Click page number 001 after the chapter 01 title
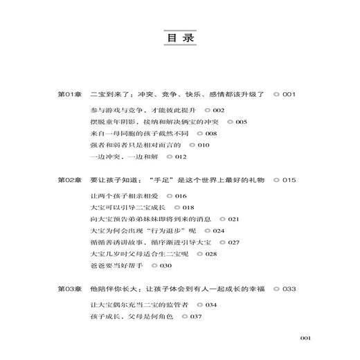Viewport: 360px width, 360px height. pos(289,94)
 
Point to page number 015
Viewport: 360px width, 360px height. pos(289,180)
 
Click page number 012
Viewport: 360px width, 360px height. pos(171,157)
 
